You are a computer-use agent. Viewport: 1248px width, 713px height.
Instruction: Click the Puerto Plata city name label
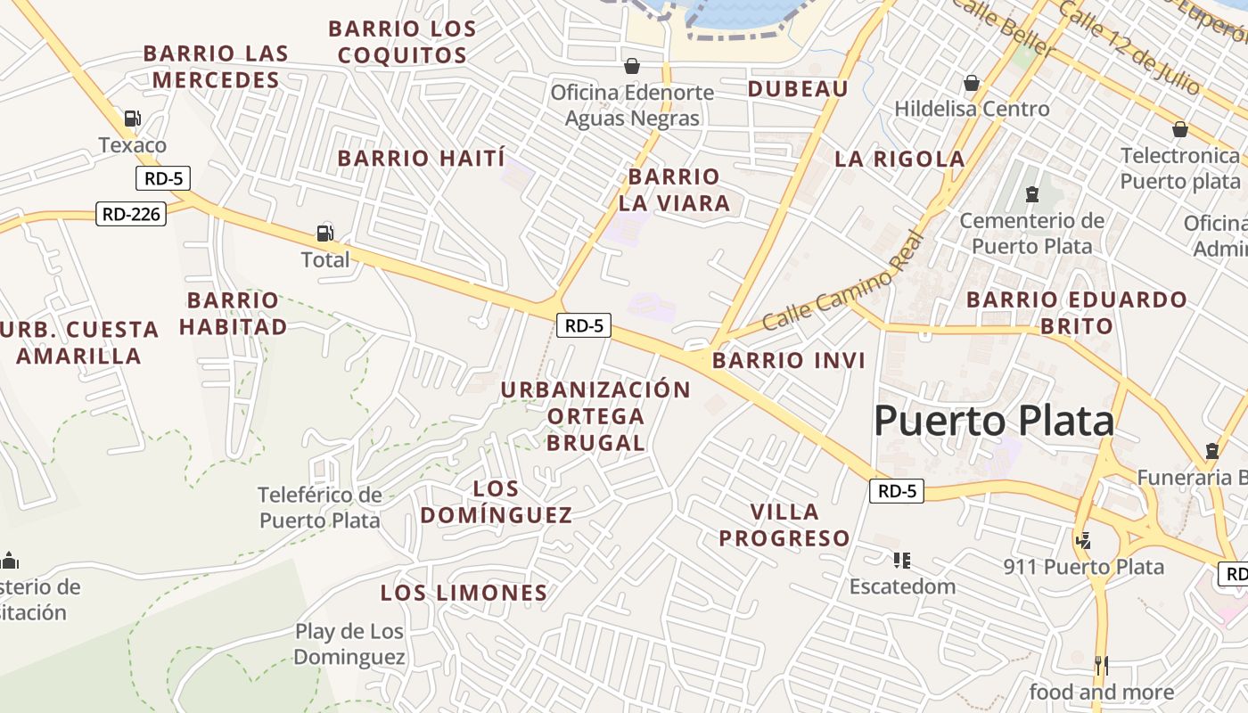(994, 421)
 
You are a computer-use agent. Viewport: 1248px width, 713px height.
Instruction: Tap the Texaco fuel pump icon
(133, 118)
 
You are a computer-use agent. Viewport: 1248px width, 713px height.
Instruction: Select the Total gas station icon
(325, 234)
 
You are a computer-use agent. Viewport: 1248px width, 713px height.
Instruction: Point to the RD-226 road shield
(131, 214)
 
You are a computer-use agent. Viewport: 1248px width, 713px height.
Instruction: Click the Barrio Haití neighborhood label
(421, 159)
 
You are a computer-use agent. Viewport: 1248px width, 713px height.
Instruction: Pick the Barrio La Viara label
(674, 190)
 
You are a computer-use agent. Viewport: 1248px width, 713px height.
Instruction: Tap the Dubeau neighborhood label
(798, 88)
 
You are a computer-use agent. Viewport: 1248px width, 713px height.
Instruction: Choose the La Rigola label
(899, 160)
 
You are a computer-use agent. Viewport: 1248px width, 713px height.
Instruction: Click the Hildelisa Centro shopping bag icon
(972, 83)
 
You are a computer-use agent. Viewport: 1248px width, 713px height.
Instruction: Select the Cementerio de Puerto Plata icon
(1032, 193)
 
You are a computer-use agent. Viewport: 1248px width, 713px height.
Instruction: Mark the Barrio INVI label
(789, 361)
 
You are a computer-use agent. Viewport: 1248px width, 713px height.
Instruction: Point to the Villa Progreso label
(784, 525)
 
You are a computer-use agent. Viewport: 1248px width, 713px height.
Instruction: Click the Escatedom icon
(902, 560)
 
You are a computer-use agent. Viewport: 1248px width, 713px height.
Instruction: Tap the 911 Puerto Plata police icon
(1084, 539)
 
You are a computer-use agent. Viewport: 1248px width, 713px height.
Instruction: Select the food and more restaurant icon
(1102, 665)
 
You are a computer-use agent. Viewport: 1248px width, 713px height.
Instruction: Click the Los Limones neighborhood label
(464, 593)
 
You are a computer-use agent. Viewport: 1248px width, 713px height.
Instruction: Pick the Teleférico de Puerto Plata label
(320, 507)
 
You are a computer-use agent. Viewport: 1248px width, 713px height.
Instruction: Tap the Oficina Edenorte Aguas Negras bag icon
(632, 66)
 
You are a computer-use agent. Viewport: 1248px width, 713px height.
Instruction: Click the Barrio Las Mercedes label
(216, 67)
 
